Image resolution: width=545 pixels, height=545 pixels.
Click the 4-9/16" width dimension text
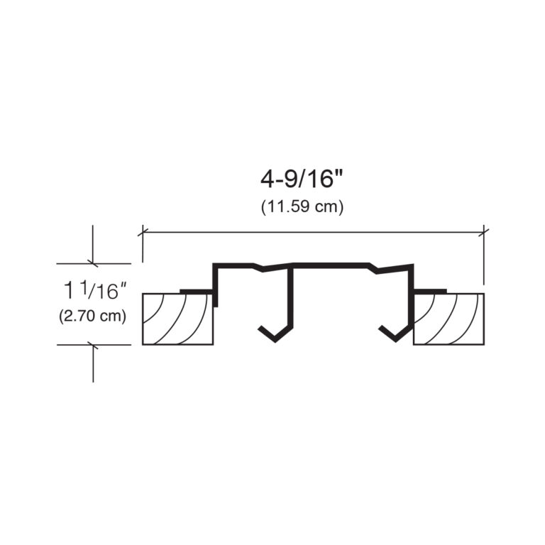[302, 180]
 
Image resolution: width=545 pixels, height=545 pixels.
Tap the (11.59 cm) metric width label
[302, 207]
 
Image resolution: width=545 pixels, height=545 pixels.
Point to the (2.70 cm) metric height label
[92, 316]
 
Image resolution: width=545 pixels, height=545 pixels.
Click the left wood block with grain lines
[177, 319]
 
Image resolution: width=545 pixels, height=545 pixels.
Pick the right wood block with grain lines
[448, 319]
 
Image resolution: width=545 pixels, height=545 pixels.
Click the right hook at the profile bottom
[395, 332]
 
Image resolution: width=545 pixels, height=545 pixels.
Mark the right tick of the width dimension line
[484, 231]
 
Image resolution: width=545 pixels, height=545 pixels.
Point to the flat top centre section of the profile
[330, 265]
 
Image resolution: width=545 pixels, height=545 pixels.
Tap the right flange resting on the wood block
[430, 291]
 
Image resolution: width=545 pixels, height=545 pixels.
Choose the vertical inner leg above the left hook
[290, 298]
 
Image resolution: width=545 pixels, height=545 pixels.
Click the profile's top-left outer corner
[216, 265]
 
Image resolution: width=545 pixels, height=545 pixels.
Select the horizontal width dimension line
[312, 231]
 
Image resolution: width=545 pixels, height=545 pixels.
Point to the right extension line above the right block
[484, 259]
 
